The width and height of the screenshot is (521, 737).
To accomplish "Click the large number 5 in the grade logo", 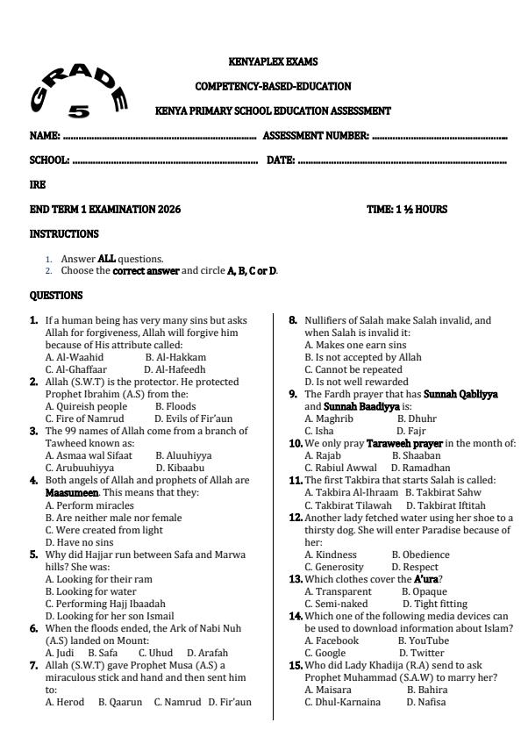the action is pyautogui.click(x=79, y=111).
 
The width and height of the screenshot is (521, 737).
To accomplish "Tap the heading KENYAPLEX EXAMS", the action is pyautogui.click(x=273, y=62).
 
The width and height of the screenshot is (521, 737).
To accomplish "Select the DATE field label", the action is pyautogui.click(x=280, y=161).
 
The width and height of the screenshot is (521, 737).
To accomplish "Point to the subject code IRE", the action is pyautogui.click(x=38, y=185).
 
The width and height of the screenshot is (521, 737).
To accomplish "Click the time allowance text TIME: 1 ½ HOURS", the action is pyautogui.click(x=407, y=210).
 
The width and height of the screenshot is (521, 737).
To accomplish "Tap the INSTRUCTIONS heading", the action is pyautogui.click(x=64, y=234).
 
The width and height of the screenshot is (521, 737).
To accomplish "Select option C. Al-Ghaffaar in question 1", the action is pyautogui.click(x=75, y=370).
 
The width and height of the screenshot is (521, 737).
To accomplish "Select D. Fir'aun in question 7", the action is pyautogui.click(x=229, y=702).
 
